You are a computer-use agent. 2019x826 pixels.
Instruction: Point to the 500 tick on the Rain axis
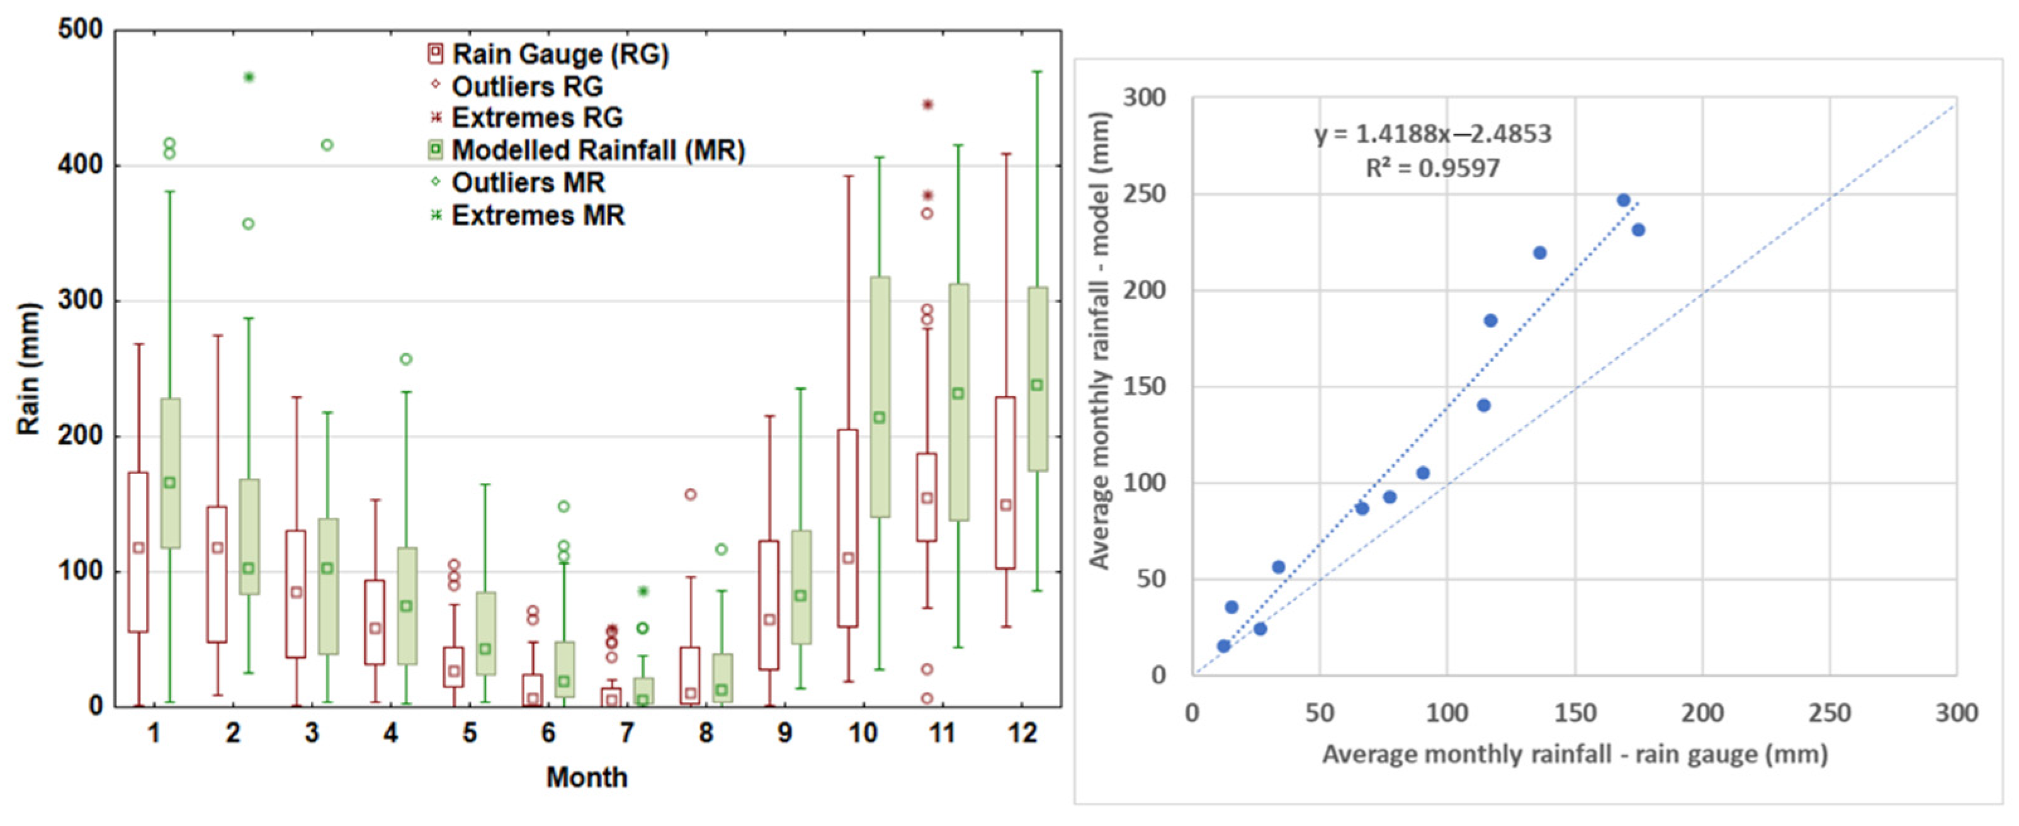point(80,30)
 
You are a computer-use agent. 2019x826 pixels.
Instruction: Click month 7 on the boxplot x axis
point(626,733)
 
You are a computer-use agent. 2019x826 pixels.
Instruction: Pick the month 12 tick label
point(1022,733)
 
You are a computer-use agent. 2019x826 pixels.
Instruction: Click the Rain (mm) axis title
point(28,368)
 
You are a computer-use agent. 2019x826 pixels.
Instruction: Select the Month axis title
point(586,778)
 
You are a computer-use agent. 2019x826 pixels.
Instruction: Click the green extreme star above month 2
point(249,77)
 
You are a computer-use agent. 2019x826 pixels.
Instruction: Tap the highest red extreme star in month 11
point(927,105)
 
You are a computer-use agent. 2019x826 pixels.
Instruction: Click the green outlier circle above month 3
point(327,145)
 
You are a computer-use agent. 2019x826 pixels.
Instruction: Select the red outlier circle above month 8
point(691,494)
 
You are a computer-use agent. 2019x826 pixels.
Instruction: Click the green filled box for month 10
point(879,397)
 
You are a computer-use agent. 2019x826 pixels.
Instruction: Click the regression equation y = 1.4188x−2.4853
point(1433,134)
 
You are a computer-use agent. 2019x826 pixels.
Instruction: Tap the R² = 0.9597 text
point(1433,167)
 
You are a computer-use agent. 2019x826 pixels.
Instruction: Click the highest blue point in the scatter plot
point(1623,201)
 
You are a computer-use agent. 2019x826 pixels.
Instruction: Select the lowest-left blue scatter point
point(1223,646)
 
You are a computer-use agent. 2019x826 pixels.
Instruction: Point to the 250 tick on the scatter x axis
point(1830,713)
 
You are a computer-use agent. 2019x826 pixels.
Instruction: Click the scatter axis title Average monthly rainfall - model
point(1100,341)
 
